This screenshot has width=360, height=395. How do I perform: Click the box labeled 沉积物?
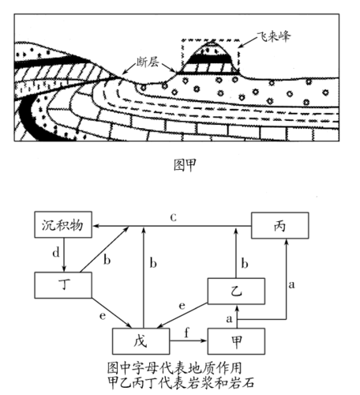tap(62, 228)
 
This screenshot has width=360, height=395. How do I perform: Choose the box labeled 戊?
tap(141, 341)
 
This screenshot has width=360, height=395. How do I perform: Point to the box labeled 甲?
tap(235, 341)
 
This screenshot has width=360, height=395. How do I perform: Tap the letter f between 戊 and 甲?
tap(186, 332)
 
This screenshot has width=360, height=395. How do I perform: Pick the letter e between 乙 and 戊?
tap(183, 305)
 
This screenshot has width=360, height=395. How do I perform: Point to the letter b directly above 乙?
tap(245, 261)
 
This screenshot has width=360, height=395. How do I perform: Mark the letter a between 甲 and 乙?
tap(230, 318)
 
